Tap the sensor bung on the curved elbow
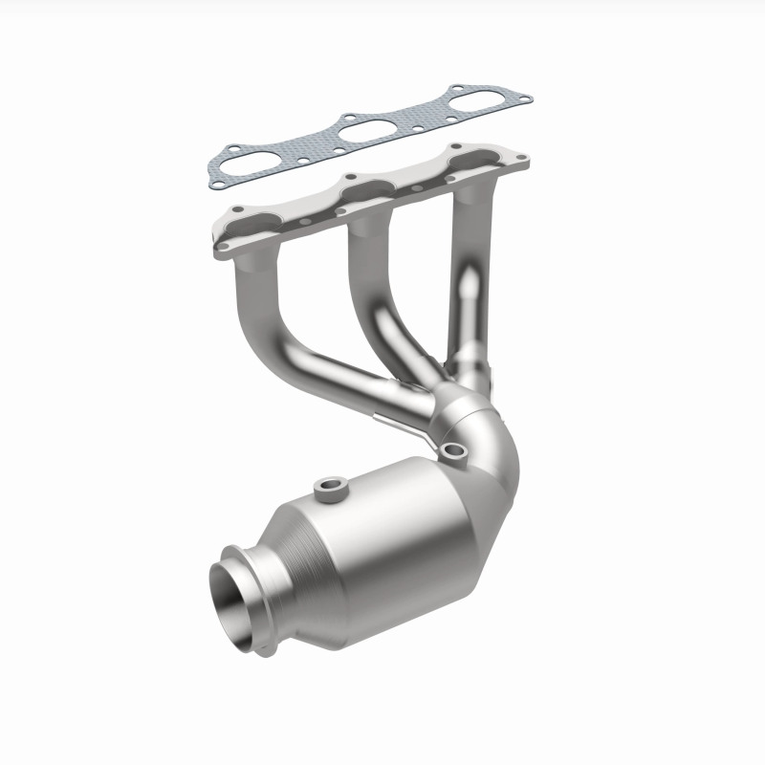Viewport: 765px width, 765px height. pyautogui.click(x=452, y=450)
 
